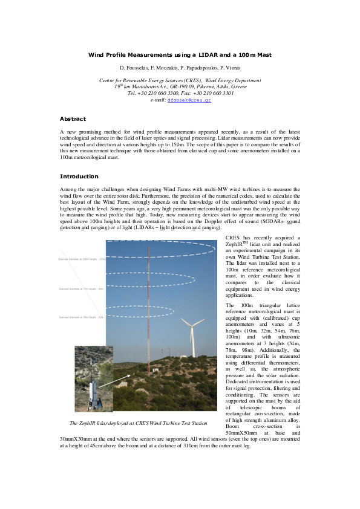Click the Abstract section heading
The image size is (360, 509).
pyautogui.click(x=73, y=119)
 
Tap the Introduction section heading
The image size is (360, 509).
pyautogui.click(x=79, y=177)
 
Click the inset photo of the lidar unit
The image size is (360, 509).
pyautogui.click(x=93, y=378)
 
